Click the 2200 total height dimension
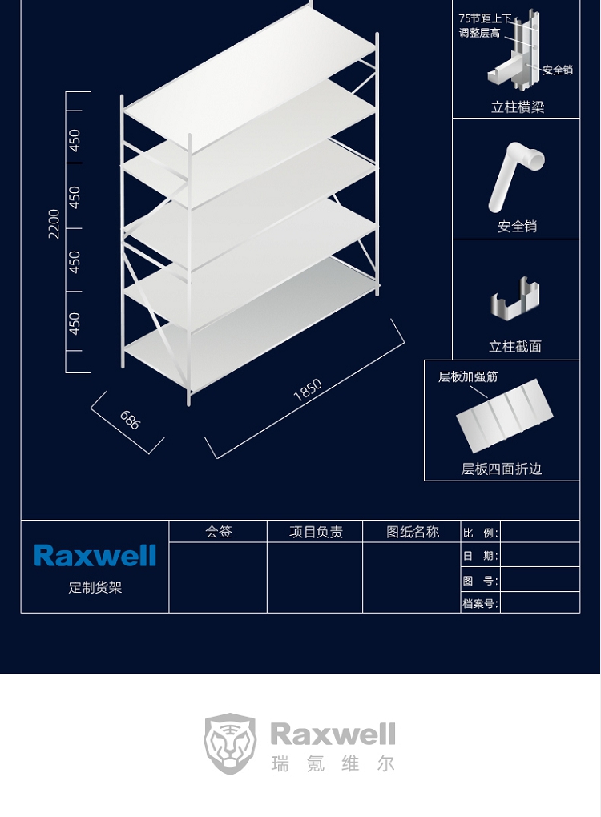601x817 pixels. point(54,223)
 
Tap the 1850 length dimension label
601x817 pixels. point(308,390)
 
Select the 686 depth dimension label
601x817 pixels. point(130,420)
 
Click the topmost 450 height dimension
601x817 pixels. point(75,141)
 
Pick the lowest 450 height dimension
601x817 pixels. point(75,324)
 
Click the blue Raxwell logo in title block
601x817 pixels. point(95,555)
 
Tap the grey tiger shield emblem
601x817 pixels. point(230,743)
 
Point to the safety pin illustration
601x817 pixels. point(516,177)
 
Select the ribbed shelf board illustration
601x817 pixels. point(504,416)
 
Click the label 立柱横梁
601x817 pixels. point(518,107)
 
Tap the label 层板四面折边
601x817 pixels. point(502,469)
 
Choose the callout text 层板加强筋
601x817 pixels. point(468,376)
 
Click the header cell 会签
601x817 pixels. point(219,532)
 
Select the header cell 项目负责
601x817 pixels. point(316,532)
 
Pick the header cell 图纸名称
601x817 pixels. point(413,532)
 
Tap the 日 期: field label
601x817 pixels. point(481,556)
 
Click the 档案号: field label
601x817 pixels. point(481,604)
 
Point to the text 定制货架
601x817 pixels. point(95,587)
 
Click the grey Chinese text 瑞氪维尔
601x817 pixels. point(333,764)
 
